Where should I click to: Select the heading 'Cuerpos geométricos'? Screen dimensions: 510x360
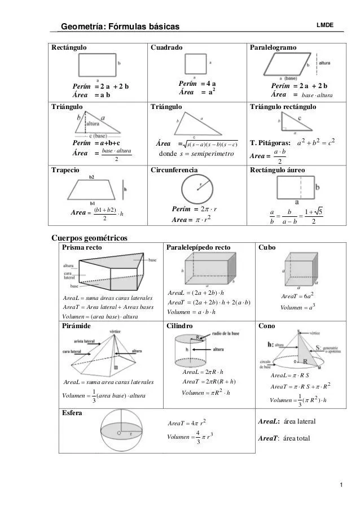[x=90, y=237]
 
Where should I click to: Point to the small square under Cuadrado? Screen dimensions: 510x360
[x=195, y=63]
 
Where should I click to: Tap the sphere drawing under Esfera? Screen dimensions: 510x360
[x=121, y=432]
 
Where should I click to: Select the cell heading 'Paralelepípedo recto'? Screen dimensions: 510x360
[x=199, y=247]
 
